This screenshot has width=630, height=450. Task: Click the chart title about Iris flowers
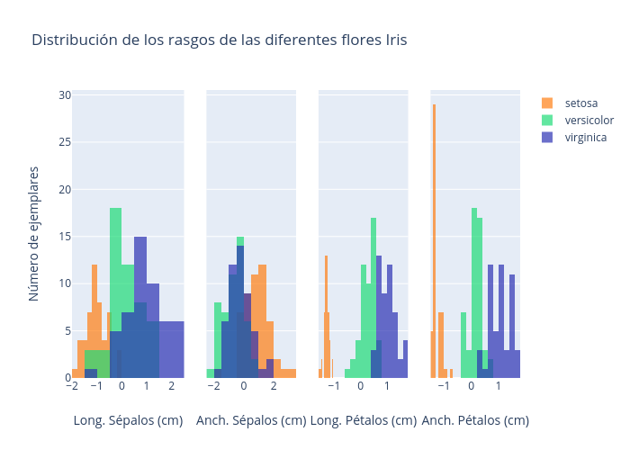(220, 40)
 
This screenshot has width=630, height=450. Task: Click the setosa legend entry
(580, 103)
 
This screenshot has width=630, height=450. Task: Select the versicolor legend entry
(589, 121)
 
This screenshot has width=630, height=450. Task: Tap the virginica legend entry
(585, 138)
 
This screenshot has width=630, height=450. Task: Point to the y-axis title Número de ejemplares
(34, 234)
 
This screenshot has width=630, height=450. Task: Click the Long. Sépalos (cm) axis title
(128, 420)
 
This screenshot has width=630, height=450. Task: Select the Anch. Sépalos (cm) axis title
(251, 420)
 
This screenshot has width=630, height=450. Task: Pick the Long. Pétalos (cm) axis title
(363, 420)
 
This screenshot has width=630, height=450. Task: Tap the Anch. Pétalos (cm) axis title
(475, 420)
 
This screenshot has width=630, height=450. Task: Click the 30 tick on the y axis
(65, 94)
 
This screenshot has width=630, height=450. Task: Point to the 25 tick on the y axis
(65, 141)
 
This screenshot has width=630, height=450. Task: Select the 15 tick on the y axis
(65, 236)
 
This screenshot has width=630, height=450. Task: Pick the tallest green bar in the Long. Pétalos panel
(373, 297)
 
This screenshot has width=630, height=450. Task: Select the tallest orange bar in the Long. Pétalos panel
(326, 315)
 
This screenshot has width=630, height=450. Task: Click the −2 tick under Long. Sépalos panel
(72, 385)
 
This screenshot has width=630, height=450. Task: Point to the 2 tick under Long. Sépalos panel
(171, 385)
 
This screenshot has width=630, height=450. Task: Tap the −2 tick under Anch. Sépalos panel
(213, 385)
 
